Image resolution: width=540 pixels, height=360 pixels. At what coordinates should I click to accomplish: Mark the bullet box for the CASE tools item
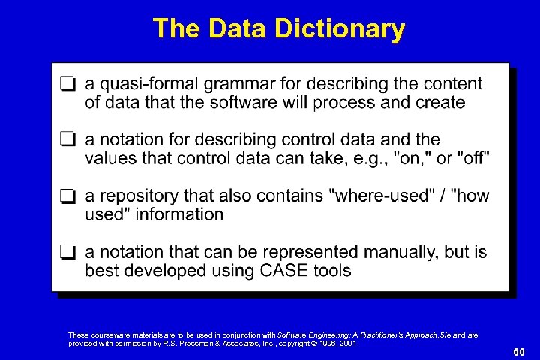click(68, 253)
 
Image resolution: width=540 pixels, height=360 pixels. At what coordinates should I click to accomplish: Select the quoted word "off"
click(475, 158)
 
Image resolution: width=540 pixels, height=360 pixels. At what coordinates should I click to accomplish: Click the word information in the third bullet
click(178, 214)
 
